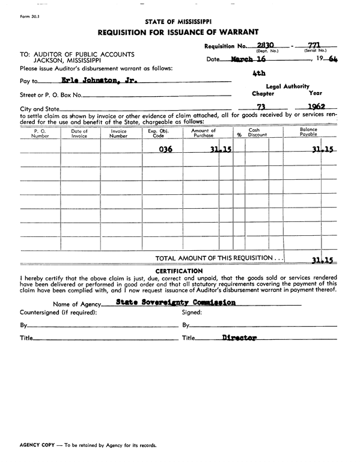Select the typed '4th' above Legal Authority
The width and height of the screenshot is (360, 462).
(x=259, y=75)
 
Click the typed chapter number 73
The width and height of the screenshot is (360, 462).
(x=261, y=106)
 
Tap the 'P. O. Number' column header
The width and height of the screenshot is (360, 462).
(x=40, y=133)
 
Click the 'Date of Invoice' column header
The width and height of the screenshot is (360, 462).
(x=79, y=133)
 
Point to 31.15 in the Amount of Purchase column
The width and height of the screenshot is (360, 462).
(x=222, y=149)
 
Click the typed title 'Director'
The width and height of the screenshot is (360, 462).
(x=239, y=338)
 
